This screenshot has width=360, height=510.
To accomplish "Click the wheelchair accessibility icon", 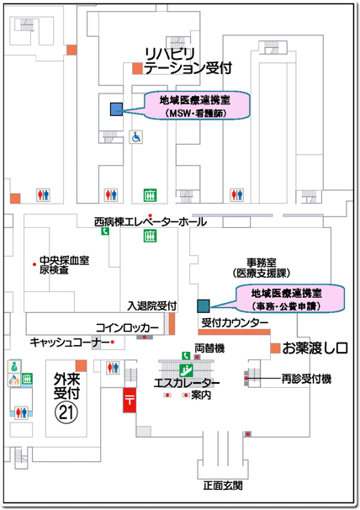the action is tap(136, 137).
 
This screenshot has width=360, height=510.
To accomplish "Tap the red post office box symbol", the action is tap(130, 400).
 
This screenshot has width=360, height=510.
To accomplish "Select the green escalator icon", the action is tap(186, 369).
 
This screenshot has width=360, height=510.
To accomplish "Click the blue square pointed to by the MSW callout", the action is tap(116, 109).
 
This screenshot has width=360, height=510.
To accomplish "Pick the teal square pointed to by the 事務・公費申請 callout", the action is tap(204, 305).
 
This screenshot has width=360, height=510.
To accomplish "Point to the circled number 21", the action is tap(66, 412).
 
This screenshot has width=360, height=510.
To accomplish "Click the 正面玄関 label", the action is tap(223, 486).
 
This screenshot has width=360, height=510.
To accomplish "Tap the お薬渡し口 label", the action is tap(315, 348).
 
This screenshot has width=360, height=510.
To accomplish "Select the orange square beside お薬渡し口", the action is tap(275, 348).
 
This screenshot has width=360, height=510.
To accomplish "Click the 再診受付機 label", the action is tap(306, 379).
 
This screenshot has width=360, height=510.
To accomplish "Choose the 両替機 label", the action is tap(209, 348).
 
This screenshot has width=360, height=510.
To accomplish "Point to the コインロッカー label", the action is tap(127, 327).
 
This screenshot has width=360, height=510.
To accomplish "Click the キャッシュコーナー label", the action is tap(70, 343).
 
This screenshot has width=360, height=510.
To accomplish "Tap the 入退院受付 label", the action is tap(152, 305).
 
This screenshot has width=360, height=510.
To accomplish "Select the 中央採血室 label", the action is tap(65, 260).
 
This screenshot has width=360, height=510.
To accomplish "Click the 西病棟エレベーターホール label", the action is tap(151, 222).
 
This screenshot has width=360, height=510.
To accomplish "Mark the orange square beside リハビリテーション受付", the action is tap(138, 68).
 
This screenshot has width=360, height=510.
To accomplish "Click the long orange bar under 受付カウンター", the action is tap(234, 332).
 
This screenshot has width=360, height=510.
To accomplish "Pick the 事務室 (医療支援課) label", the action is tap(261, 268).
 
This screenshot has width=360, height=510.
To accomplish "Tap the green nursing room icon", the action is tap(14, 366).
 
